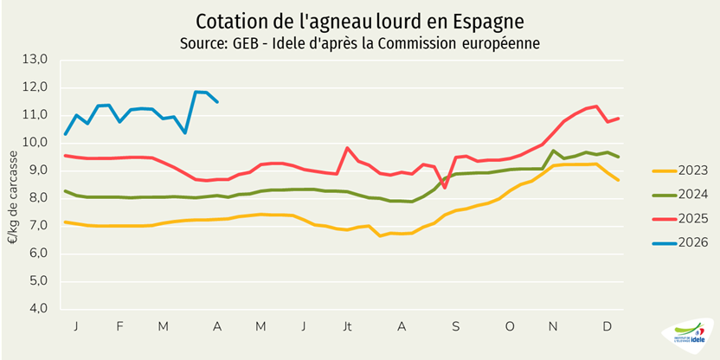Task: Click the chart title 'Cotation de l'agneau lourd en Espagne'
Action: point(359,20)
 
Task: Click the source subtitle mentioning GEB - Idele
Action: point(359,42)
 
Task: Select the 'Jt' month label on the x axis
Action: point(348,326)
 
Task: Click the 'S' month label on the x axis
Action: point(455,326)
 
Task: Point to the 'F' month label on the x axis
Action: point(119,326)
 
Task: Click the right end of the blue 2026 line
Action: point(217,102)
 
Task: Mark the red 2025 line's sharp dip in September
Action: point(445,187)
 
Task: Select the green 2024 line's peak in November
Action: point(554,151)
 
